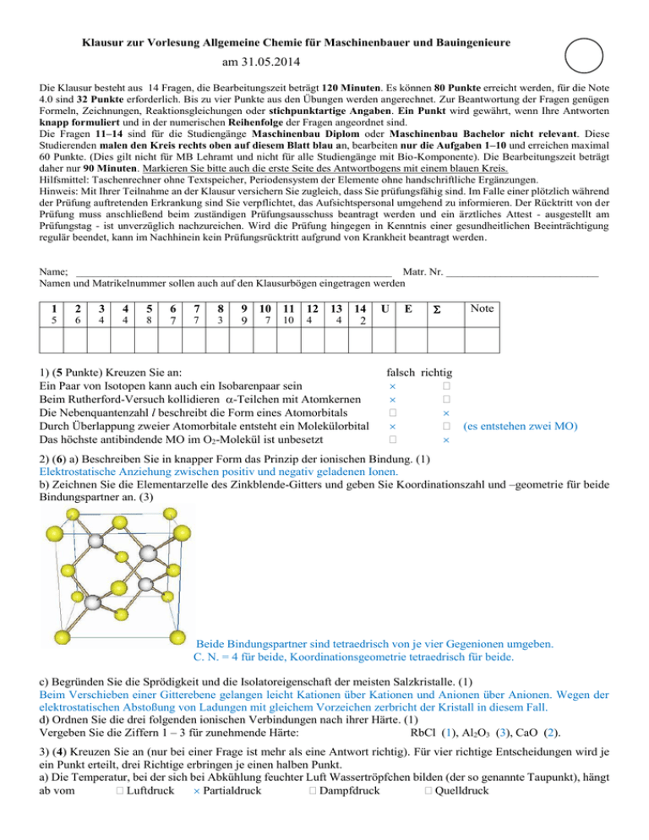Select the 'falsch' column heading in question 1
401,372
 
